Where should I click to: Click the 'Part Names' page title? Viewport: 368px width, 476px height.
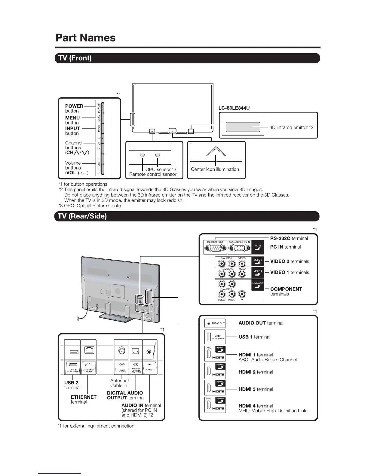tap(85, 38)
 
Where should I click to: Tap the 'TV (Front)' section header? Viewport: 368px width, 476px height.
tap(75, 58)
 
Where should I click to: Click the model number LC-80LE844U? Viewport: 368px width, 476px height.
tap(234, 108)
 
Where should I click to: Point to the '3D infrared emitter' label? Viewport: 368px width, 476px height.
tap(291, 127)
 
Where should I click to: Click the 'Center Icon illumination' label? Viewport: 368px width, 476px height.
tap(215, 169)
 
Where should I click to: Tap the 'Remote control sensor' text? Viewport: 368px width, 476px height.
tap(153, 174)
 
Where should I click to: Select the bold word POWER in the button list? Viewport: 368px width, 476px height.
tap(74, 106)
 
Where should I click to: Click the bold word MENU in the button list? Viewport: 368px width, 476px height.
tap(72, 118)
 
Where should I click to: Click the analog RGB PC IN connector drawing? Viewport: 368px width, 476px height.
tap(239, 248)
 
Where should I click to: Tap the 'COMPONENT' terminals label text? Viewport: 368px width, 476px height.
tap(286, 289)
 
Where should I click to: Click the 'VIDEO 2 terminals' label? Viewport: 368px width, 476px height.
tap(290, 261)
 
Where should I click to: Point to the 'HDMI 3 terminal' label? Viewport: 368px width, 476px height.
tap(256, 389)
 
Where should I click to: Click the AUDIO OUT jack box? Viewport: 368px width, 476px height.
tap(215, 323)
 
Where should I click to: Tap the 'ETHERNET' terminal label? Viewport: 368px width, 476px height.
tap(84, 397)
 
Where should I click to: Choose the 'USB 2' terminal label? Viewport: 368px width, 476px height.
tap(71, 383)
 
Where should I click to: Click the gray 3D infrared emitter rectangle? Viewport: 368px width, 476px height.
tap(243, 127)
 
